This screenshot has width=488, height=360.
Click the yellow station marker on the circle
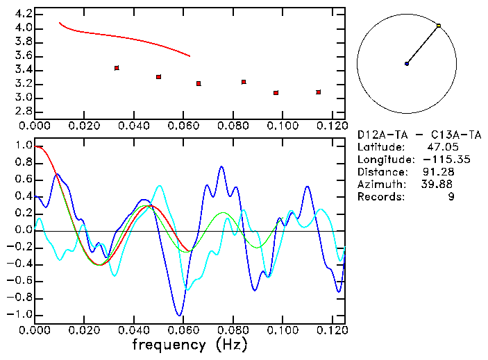click(x=439, y=26)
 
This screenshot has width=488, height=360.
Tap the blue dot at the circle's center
click(x=407, y=64)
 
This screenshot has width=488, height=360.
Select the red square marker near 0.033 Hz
click(x=117, y=68)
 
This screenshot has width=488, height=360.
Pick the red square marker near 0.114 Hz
click(x=319, y=92)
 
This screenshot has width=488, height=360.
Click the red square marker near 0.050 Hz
click(x=159, y=77)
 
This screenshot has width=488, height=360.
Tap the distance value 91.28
click(x=438, y=172)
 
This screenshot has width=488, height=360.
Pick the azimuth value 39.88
click(x=438, y=185)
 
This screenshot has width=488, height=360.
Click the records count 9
click(x=452, y=197)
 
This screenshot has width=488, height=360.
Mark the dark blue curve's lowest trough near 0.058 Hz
click(x=179, y=315)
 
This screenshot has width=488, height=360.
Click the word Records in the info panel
click(x=380, y=197)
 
